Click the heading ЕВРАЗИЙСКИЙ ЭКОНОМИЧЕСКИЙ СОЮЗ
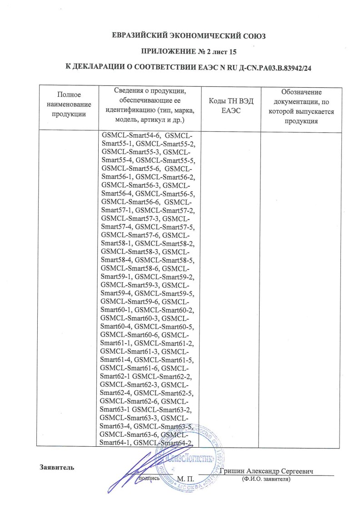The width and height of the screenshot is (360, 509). [188, 35]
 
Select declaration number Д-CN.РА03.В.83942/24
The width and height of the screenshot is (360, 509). [270, 68]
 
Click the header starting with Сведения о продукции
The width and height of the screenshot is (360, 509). [150, 105]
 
